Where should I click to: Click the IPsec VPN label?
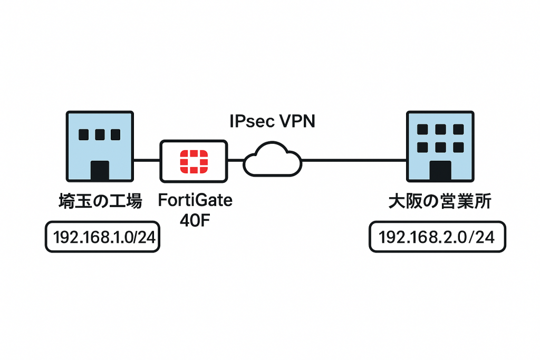[x=272, y=121]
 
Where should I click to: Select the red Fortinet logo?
[x=194, y=161]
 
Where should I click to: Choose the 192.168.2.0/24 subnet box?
[x=436, y=237]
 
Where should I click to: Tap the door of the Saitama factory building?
[x=100, y=171]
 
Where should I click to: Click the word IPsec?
[x=249, y=121]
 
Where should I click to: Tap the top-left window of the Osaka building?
[x=422, y=130]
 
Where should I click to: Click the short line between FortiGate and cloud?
[x=235, y=159]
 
